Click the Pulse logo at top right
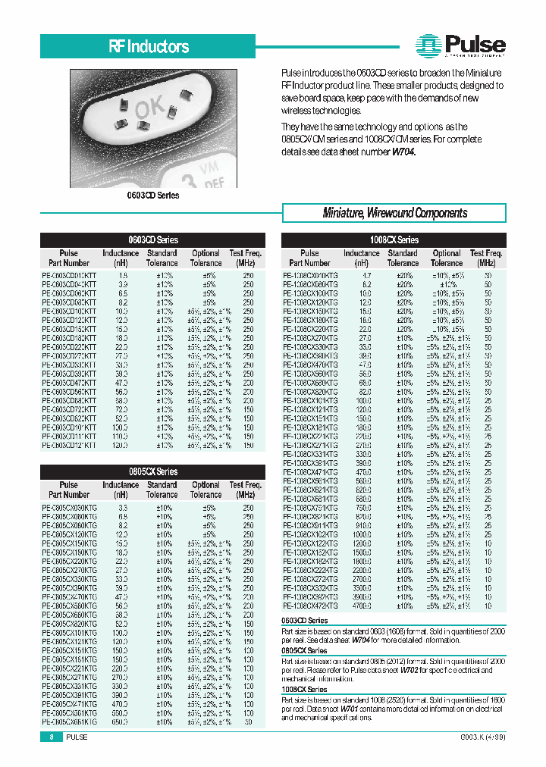(x=461, y=45)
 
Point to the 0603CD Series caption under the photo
(x=152, y=196)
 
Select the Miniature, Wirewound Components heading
(x=395, y=213)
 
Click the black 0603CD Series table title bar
(x=152, y=239)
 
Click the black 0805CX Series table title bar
(x=152, y=471)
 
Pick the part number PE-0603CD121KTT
(x=69, y=446)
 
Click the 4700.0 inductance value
(x=362, y=606)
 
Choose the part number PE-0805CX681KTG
(x=69, y=722)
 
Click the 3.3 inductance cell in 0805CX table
(x=121, y=507)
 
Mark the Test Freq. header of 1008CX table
(x=487, y=258)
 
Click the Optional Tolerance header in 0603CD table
(x=206, y=258)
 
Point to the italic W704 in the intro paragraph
(x=403, y=152)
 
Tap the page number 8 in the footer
(x=51, y=737)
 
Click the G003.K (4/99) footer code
(x=482, y=737)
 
